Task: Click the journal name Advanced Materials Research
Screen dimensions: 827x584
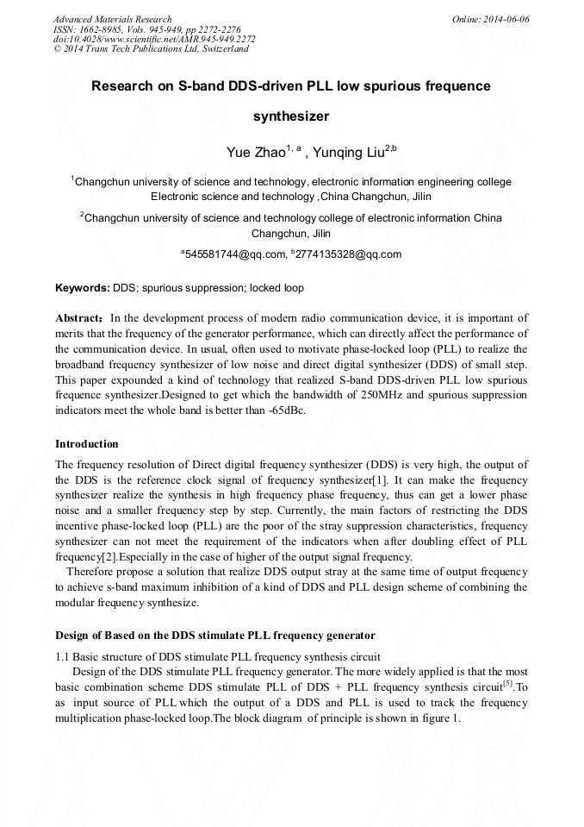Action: pos(112,19)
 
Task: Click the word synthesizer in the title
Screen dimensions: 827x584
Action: pos(291,115)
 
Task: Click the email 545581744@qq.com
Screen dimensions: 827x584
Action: pos(235,254)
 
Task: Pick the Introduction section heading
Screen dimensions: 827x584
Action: pos(86,444)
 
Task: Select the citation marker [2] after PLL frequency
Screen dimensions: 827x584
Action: pos(117,556)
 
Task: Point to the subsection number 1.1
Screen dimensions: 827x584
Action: pos(63,658)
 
